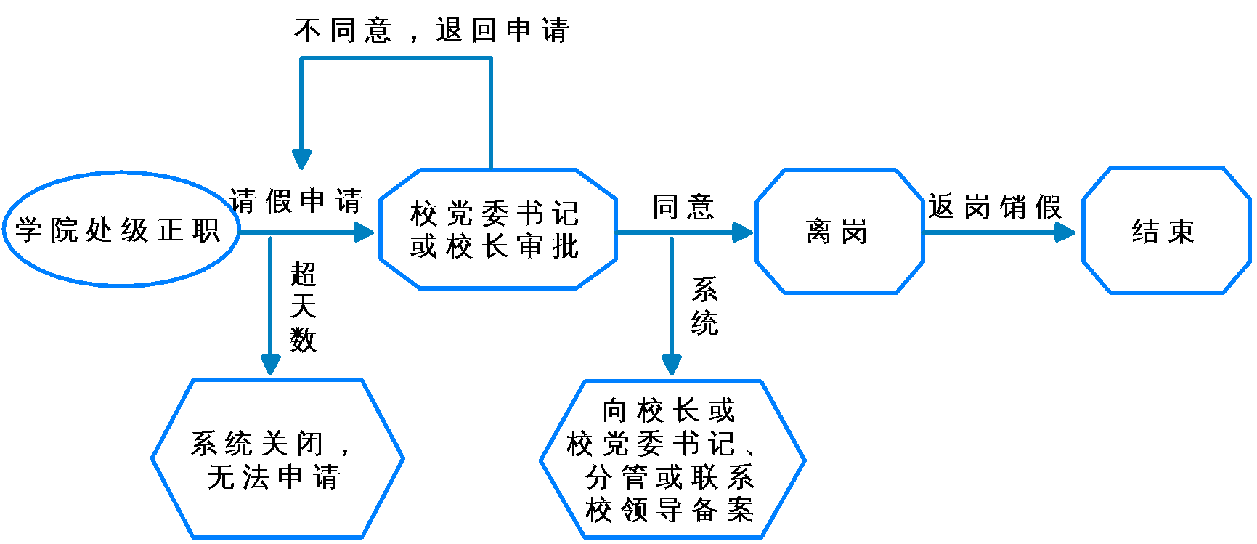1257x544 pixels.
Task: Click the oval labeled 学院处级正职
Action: [121, 230]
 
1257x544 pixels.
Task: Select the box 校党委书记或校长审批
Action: [497, 230]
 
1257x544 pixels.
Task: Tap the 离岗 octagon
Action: [839, 232]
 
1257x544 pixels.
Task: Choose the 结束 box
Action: [1166, 231]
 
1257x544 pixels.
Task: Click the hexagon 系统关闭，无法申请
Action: [277, 459]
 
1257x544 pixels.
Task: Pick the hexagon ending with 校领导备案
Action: [672, 460]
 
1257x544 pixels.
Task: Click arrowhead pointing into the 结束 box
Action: [1066, 232]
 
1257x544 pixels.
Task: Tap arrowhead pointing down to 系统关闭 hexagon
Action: [270, 365]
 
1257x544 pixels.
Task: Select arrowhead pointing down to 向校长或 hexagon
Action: [672, 365]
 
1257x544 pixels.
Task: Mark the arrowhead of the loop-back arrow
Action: [301, 159]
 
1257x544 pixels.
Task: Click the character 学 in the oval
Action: [28, 230]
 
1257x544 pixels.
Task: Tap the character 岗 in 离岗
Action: [855, 232]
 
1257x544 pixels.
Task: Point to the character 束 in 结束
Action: [1181, 232]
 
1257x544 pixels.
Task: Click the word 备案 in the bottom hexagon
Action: [723, 511]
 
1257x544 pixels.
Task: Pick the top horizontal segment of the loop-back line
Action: [396, 58]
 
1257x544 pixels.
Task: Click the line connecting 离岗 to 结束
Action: [995, 232]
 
